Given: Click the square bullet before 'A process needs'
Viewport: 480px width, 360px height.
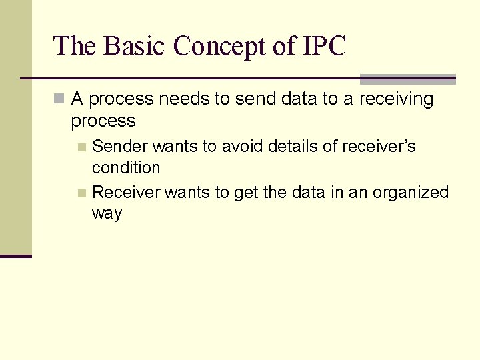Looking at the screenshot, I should point(59,99).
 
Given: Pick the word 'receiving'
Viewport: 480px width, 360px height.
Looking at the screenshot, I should point(396,99).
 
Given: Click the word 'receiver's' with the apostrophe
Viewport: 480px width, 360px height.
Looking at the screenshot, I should point(383,146).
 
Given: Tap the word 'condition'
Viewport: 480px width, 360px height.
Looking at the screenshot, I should point(126,167).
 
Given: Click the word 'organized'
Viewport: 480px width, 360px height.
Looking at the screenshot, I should point(411,193).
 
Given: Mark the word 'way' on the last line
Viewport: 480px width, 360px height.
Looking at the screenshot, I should point(107,215).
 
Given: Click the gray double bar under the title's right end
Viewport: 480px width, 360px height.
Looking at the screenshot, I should point(407,79).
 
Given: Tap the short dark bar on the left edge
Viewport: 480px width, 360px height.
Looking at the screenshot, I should point(15,256).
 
